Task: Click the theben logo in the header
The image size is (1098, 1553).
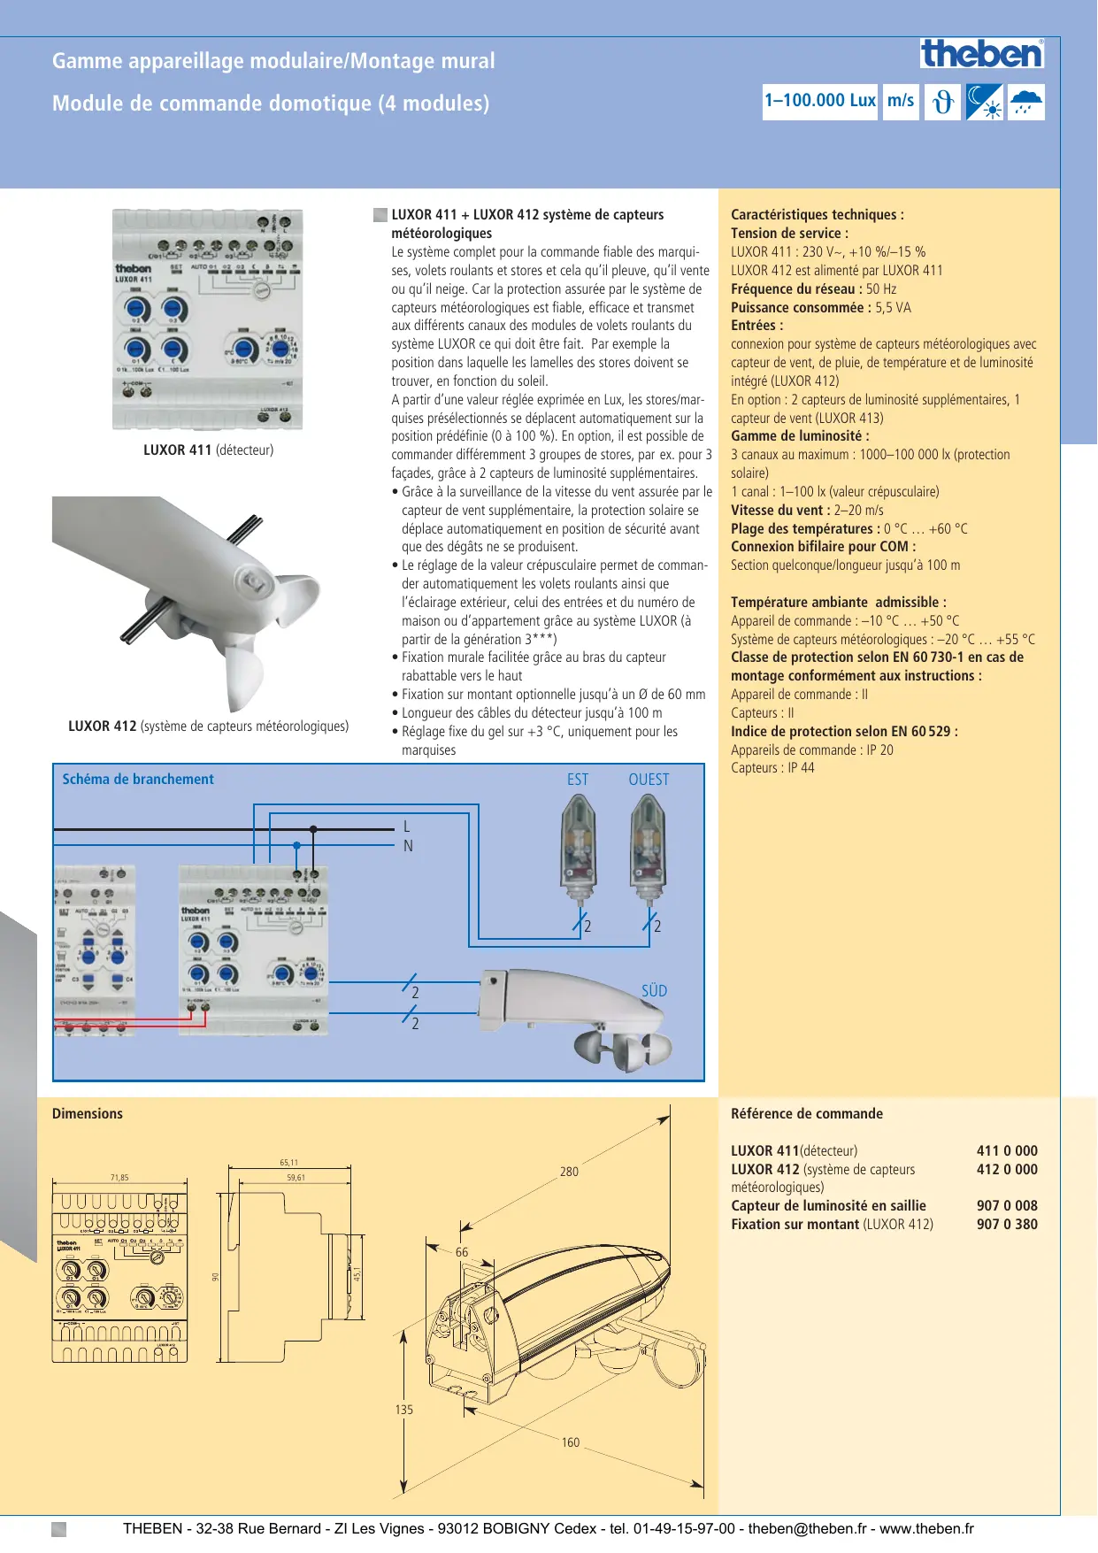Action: click(x=982, y=54)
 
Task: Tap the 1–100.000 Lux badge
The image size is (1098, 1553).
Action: click(x=819, y=101)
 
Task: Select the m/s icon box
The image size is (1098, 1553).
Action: click(x=901, y=101)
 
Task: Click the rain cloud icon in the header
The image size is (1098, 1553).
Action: click(x=1026, y=102)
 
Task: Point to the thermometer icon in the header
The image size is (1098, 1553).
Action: click(x=943, y=102)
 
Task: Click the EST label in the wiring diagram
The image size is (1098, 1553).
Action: click(x=578, y=780)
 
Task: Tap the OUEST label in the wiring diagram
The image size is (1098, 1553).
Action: click(x=649, y=780)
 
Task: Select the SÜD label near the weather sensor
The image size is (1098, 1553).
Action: click(x=654, y=991)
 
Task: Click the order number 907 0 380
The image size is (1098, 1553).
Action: click(x=1007, y=1225)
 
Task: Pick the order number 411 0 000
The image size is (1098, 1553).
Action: click(x=1007, y=1151)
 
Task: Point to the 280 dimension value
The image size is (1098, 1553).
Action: click(x=569, y=1172)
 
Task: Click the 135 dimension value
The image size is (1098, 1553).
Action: click(x=404, y=1410)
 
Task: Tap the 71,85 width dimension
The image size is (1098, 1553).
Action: click(x=119, y=1178)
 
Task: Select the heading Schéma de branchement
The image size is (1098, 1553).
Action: click(x=138, y=780)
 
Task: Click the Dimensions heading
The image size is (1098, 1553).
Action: click(x=88, y=1114)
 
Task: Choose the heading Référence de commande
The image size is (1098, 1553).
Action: click(x=807, y=1114)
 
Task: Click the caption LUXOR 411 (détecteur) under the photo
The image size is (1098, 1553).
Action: click(x=208, y=450)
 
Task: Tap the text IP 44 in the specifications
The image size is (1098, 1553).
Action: click(x=801, y=768)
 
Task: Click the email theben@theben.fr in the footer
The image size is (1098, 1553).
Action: click(x=808, y=1528)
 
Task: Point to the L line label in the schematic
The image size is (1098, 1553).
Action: click(x=406, y=826)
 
